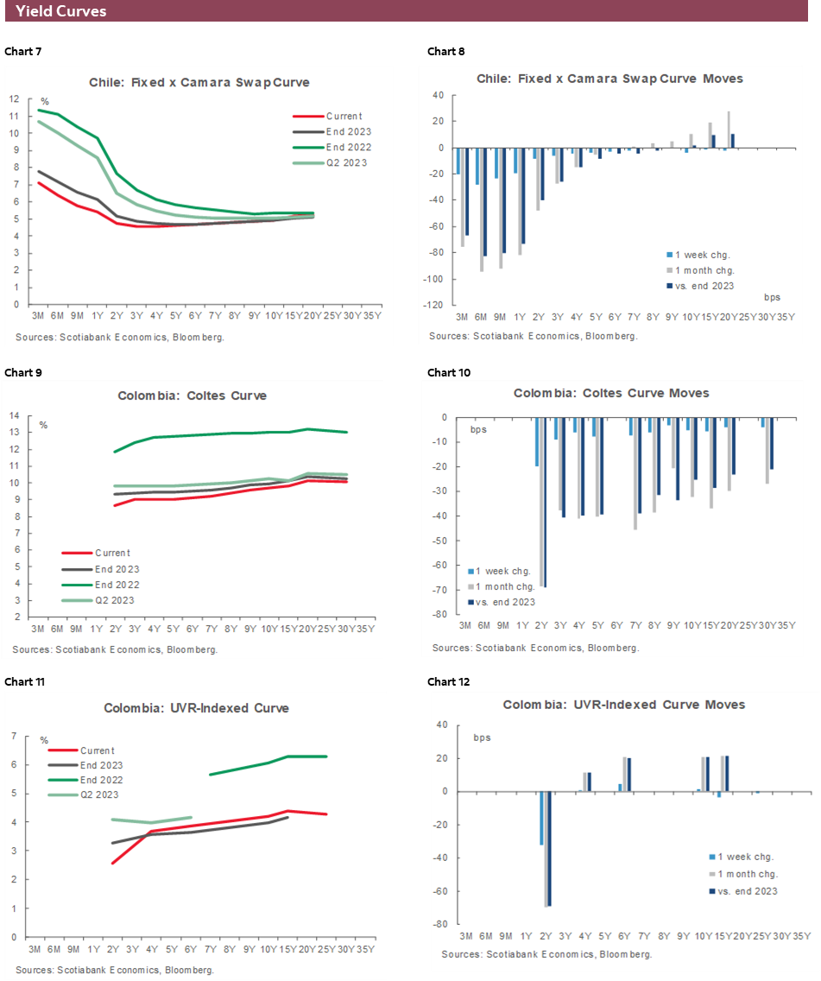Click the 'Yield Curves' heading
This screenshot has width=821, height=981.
[61, 11]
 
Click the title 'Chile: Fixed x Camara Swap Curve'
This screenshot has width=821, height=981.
[199, 83]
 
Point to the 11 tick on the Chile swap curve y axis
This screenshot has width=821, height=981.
[14, 116]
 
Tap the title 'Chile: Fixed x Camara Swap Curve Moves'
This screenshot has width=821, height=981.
[609, 79]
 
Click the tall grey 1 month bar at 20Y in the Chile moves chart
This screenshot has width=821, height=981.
[729, 130]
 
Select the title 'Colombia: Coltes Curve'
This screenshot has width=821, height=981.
[193, 396]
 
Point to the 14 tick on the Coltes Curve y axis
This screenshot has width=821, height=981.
[14, 416]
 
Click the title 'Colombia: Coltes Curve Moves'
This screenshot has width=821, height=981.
[611, 393]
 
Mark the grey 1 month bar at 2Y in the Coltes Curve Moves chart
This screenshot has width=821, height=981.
[541, 501]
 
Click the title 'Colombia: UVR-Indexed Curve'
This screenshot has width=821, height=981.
[197, 708]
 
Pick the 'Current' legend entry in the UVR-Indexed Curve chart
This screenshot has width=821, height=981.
[98, 750]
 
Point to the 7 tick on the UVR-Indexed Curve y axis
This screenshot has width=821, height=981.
[14, 737]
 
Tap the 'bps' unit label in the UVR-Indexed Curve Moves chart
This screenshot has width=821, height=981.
[482, 738]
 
